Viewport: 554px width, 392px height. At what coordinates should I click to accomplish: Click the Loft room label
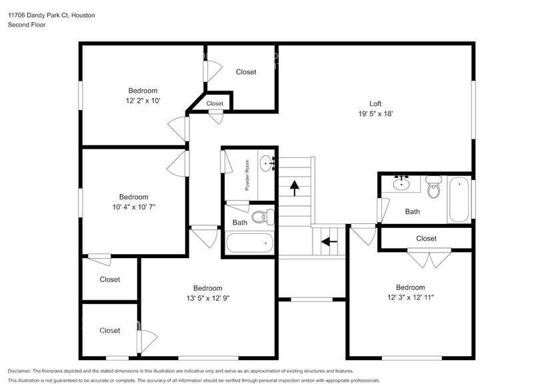pyautogui.click(x=375, y=103)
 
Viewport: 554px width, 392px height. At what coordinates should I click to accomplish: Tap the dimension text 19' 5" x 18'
pyautogui.click(x=375, y=113)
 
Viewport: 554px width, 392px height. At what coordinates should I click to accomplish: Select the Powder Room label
pyautogui.click(x=247, y=175)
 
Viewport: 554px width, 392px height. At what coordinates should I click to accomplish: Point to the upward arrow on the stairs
pyautogui.click(x=294, y=188)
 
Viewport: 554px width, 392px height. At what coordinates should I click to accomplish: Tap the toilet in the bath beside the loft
pyautogui.click(x=434, y=187)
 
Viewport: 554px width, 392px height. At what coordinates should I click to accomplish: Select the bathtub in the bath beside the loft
pyautogui.click(x=459, y=199)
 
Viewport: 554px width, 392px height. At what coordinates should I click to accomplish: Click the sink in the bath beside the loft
pyautogui.click(x=402, y=183)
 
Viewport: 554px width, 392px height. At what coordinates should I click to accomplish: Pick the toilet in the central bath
pyautogui.click(x=267, y=217)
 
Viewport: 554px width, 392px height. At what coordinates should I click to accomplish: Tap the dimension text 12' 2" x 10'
pyautogui.click(x=143, y=101)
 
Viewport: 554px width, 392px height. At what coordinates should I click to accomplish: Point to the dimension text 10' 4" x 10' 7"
pyautogui.click(x=133, y=207)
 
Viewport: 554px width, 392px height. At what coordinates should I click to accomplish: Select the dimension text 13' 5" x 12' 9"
pyautogui.click(x=207, y=298)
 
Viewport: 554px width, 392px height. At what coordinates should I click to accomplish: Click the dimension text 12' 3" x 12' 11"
pyautogui.click(x=411, y=297)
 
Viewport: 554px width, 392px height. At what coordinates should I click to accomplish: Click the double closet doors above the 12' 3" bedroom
pyautogui.click(x=425, y=259)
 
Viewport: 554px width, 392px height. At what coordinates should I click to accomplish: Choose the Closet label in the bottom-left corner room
pyautogui.click(x=110, y=331)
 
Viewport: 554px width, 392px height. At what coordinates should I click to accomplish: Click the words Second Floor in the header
pyautogui.click(x=27, y=25)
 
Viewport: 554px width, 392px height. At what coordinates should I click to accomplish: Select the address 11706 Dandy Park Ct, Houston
pyautogui.click(x=51, y=15)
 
